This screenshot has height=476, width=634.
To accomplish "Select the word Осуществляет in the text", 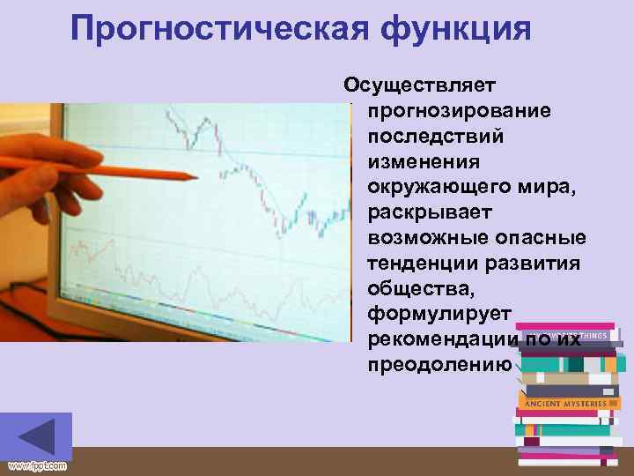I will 420,86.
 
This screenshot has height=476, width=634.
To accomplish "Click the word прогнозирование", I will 460,111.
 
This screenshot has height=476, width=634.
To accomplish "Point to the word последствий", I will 436,137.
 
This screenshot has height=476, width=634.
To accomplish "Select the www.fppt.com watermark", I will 36,465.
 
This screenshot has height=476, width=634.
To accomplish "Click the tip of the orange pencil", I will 195,177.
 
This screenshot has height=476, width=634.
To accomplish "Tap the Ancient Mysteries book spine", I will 565,403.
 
